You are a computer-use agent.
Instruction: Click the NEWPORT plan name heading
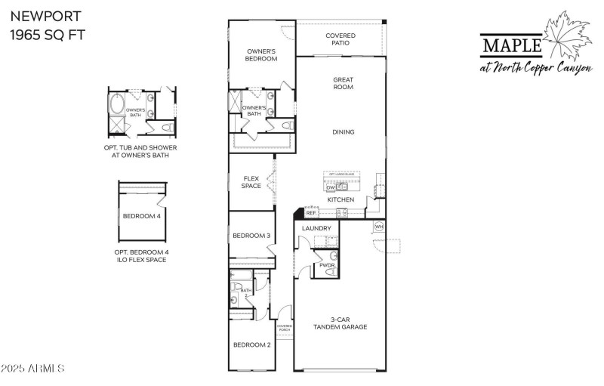35,15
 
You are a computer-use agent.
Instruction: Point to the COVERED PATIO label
341,39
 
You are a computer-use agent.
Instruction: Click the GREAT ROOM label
344,83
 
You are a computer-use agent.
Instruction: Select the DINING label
344,132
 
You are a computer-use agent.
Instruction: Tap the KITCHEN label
341,199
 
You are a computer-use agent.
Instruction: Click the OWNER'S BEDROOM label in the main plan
262,55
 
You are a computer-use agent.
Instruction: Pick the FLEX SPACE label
251,182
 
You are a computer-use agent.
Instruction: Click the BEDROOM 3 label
251,236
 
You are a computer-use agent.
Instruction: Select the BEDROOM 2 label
251,344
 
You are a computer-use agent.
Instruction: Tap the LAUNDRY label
316,228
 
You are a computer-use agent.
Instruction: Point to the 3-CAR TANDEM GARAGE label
341,324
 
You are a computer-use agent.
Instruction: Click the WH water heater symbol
379,227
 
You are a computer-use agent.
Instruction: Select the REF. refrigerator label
311,214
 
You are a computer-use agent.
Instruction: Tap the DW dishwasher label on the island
331,187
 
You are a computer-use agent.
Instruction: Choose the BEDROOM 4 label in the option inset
142,217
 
